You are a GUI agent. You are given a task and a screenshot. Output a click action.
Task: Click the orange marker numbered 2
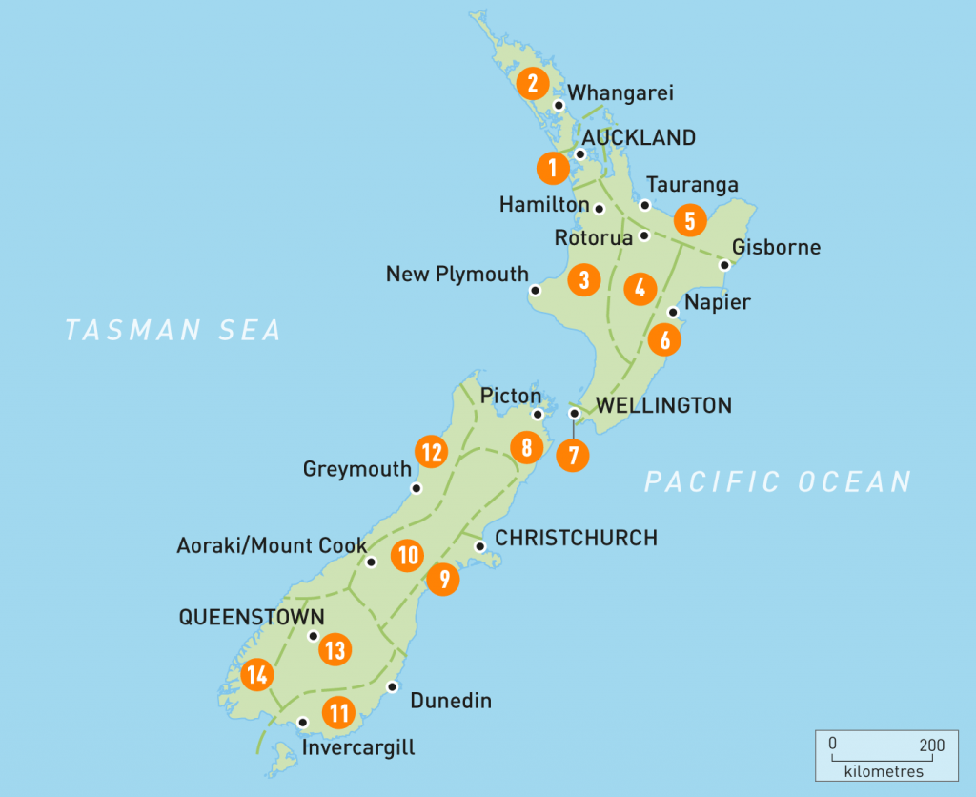click(x=532, y=83)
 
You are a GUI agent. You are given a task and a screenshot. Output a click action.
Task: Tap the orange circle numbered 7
click(x=573, y=455)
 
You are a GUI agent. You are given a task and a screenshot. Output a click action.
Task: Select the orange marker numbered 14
click(x=256, y=676)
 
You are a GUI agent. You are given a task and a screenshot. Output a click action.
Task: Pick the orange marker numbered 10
click(x=408, y=555)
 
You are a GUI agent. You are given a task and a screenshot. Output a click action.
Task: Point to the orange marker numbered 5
click(x=689, y=220)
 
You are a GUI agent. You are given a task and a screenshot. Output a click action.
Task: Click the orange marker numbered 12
click(x=432, y=451)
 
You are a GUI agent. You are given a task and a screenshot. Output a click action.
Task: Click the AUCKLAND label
click(x=639, y=138)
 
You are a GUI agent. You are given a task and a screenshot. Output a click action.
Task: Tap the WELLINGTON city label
click(x=663, y=405)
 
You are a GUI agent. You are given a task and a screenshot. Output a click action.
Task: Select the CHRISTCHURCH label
click(x=576, y=538)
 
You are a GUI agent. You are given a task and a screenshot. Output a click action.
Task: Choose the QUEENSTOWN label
click(x=252, y=617)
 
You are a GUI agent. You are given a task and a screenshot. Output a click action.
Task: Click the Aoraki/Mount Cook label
click(x=272, y=545)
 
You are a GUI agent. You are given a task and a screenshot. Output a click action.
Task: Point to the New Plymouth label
click(x=457, y=275)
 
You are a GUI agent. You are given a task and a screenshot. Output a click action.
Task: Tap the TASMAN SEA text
click(x=173, y=330)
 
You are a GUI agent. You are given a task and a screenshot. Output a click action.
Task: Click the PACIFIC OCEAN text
click(x=778, y=481)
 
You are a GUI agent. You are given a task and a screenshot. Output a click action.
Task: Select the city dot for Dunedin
click(x=392, y=686)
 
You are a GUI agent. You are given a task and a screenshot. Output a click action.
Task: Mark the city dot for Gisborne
click(x=723, y=266)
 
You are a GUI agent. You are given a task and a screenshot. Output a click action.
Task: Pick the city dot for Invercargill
click(x=303, y=723)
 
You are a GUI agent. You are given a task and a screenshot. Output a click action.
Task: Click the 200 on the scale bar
click(x=932, y=745)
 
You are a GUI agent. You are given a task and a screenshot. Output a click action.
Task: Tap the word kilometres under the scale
click(x=884, y=770)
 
